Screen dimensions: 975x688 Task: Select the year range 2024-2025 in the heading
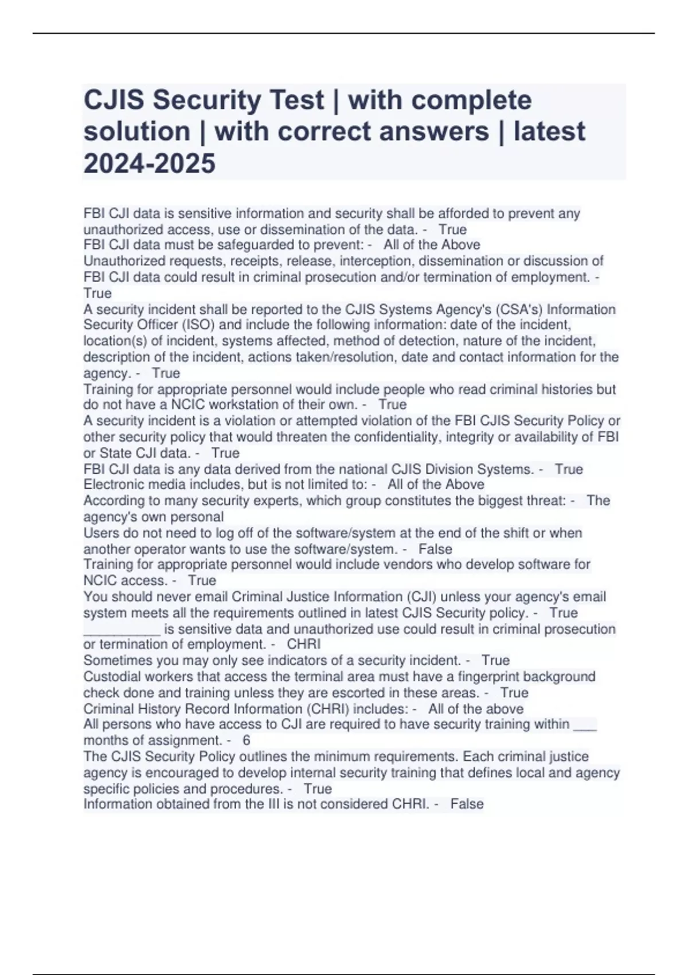[150, 163]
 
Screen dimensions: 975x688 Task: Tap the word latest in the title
[549, 132]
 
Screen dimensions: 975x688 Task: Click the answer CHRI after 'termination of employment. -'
[303, 644]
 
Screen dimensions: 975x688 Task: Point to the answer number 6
[247, 740]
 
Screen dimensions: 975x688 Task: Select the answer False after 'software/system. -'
[435, 549]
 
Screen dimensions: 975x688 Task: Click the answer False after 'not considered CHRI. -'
[467, 804]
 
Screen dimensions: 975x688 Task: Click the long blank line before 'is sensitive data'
[122, 629]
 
